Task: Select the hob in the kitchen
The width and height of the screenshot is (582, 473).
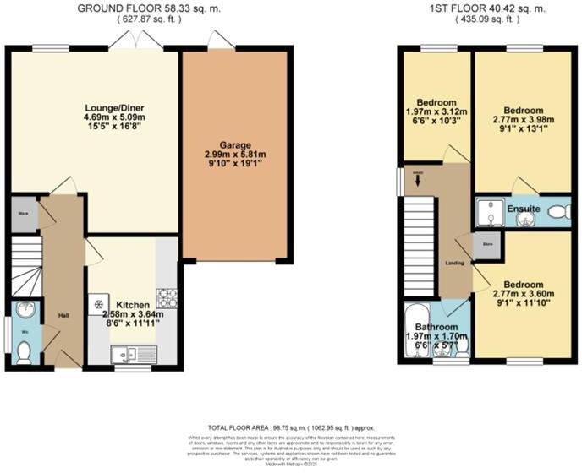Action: (x=167, y=297)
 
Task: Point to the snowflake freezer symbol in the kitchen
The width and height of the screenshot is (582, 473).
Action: (x=99, y=304)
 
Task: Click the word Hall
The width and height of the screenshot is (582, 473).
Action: (x=63, y=316)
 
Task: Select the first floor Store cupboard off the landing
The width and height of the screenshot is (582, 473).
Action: (x=488, y=244)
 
